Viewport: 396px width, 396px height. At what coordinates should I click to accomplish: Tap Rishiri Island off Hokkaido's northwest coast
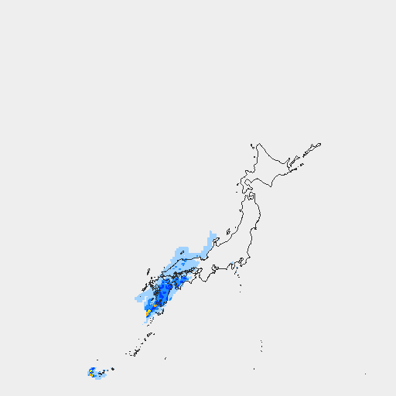[251, 145]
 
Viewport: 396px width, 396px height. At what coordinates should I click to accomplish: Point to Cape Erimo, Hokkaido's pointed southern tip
[271, 186]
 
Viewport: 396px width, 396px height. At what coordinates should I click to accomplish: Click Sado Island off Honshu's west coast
[229, 231]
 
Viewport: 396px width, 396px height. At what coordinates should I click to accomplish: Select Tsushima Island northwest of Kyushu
[147, 271]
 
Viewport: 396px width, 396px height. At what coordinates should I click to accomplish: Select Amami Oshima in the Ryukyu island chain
[146, 337]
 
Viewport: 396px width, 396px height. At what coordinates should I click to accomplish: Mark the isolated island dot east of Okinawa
[165, 359]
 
